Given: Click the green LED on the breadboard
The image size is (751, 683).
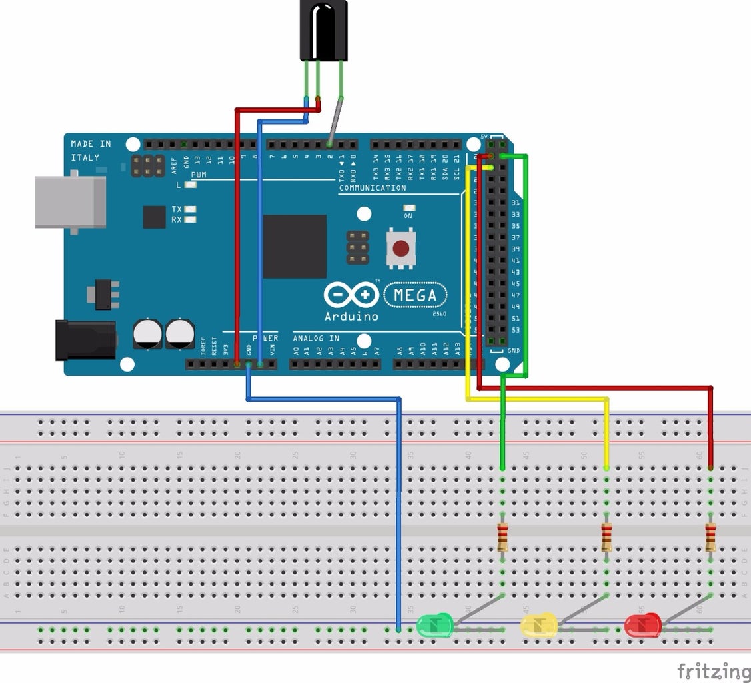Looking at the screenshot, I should tap(434, 625).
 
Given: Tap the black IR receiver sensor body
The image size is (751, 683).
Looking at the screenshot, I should tap(323, 30).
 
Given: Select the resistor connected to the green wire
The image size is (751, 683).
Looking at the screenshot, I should tap(502, 538).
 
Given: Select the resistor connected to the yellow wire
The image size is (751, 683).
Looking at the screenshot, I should tap(606, 538).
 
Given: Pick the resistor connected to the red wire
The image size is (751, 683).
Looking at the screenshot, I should tap(710, 538).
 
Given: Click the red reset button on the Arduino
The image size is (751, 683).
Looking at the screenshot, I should tap(400, 249).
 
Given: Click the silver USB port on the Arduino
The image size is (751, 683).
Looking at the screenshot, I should tap(70, 201).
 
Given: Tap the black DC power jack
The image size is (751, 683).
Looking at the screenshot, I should tap(85, 340).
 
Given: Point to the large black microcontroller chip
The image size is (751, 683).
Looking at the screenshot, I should tap(295, 246).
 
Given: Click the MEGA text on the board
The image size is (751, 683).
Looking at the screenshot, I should tap(415, 295).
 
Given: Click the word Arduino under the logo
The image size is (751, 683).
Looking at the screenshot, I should tap(351, 316).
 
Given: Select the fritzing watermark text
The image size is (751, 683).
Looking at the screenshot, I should tap(713, 670).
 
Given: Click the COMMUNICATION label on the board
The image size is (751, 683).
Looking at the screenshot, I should tap(373, 188).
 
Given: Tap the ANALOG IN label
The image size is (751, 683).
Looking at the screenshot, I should tap(316, 338).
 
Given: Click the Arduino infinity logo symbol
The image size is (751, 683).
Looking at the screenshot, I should tap(351, 294).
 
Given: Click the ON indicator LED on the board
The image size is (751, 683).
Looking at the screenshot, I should tap(408, 208).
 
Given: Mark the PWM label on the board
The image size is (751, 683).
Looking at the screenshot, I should tap(199, 175).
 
